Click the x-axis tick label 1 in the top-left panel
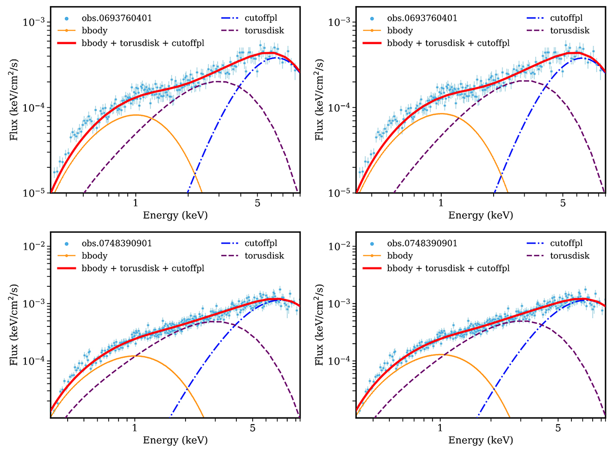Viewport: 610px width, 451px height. [135, 203]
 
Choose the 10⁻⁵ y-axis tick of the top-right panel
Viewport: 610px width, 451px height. [341, 193]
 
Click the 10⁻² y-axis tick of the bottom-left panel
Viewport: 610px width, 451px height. [35, 247]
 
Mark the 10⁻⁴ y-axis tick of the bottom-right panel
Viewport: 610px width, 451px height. [341, 361]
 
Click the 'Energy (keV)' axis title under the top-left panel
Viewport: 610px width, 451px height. [174, 215]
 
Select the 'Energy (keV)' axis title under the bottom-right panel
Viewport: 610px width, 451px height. [480, 439]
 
